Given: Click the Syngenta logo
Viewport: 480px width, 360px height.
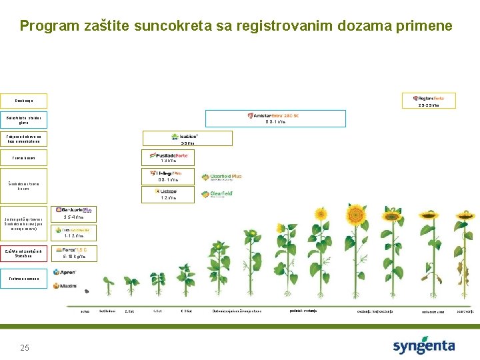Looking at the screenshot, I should pyautogui.click(x=423, y=346).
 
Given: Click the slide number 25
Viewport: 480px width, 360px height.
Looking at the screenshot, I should pyautogui.click(x=25, y=347).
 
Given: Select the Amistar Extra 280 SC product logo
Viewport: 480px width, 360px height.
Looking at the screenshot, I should pyautogui.click(x=275, y=115).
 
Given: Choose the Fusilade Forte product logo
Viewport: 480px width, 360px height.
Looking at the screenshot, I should pyautogui.click(x=168, y=155).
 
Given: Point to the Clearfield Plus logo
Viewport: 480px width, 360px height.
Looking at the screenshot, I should pyautogui.click(x=221, y=177).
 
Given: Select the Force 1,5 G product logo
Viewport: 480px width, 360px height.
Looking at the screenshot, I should pyautogui.click(x=74, y=250).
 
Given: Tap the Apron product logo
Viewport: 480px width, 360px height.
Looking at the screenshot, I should pyautogui.click(x=64, y=272).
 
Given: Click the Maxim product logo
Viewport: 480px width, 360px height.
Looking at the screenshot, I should pyautogui.click(x=64, y=286).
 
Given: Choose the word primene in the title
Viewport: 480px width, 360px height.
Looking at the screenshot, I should pyautogui.click(x=425, y=27).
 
